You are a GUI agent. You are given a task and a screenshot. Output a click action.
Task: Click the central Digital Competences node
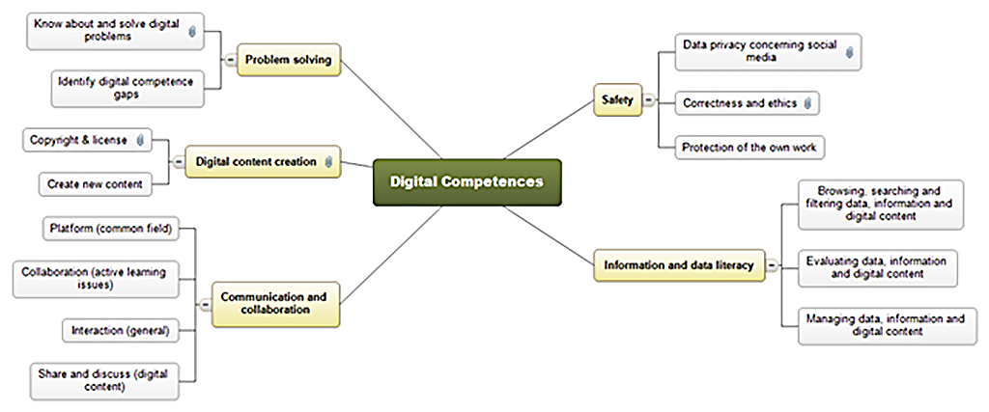(466, 181)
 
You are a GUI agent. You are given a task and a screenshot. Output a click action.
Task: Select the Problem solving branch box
(288, 61)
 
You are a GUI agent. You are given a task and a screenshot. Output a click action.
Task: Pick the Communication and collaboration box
(273, 303)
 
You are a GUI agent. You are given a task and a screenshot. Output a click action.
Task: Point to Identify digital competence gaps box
(127, 88)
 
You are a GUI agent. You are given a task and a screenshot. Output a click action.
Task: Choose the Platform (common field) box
(109, 230)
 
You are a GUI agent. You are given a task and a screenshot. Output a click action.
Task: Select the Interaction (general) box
(120, 331)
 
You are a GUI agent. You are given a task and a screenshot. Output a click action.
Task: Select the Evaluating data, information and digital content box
(878, 266)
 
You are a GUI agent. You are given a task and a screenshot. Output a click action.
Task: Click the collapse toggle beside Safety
(649, 99)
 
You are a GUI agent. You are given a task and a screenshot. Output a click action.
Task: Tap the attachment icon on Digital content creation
(329, 162)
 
